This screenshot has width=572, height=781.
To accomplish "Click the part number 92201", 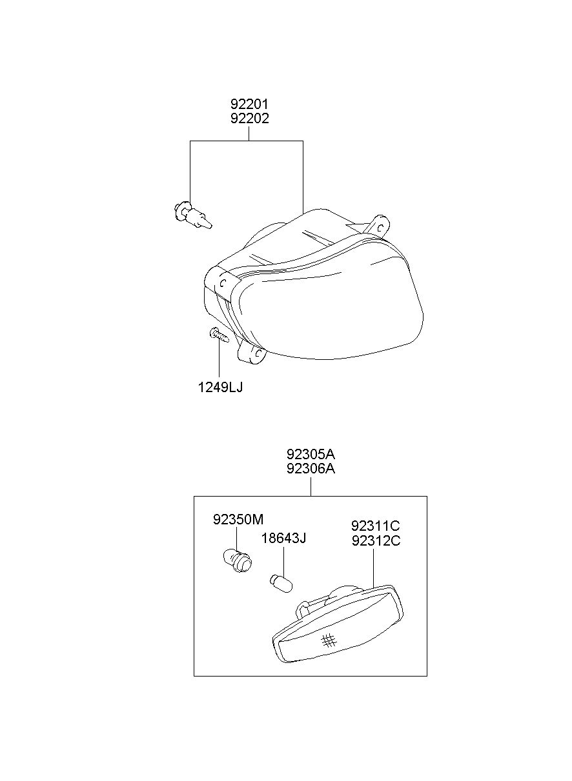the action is click(x=250, y=104).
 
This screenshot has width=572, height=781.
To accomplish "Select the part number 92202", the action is click(x=250, y=119).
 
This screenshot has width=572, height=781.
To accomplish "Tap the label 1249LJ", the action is click(x=220, y=388).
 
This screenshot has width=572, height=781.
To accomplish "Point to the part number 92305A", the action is click(x=311, y=454).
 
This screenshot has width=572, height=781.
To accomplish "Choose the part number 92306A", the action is click(x=311, y=469).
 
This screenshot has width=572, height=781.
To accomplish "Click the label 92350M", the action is click(x=238, y=520).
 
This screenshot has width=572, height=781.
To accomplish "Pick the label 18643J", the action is click(x=283, y=539).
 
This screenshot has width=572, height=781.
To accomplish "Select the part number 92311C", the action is click(x=376, y=525).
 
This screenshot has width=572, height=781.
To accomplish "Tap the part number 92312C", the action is click(x=376, y=540).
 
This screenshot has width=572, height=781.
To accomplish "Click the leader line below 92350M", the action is click(x=237, y=539).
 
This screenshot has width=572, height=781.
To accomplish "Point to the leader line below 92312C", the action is click(x=373, y=569).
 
